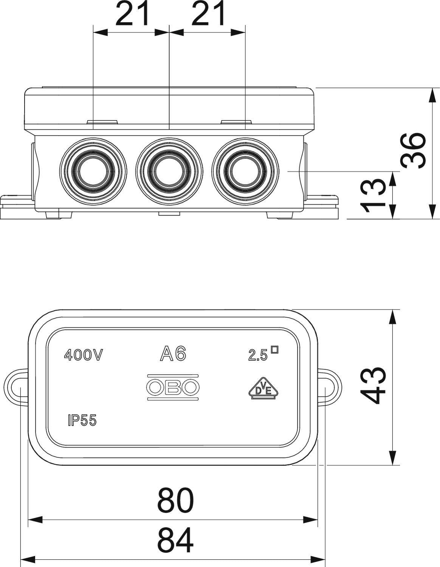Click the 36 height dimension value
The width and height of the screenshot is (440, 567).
pos(414,150)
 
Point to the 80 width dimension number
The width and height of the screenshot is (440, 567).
pos(175,500)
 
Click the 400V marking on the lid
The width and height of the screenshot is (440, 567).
pos(84,355)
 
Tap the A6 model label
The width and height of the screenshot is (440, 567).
pos(173,354)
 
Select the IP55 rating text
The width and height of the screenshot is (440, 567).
pos(82,420)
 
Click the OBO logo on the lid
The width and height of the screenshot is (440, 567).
pos(173,387)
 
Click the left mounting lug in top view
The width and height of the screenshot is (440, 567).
pos(17,387)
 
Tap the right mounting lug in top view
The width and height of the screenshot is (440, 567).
pos(329,387)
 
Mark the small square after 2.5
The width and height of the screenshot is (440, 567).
pos(275,350)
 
